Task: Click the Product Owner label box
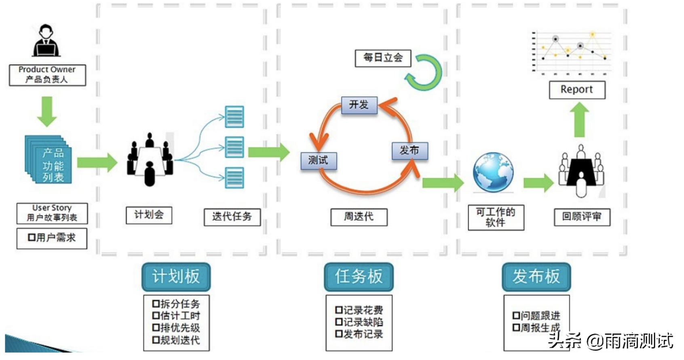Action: click(x=47, y=75)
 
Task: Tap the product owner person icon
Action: click(x=46, y=40)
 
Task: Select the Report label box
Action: click(x=577, y=90)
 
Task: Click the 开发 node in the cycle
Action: click(x=359, y=105)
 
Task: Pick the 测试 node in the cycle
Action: click(x=318, y=161)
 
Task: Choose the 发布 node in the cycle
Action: click(x=410, y=151)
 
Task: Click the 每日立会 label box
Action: click(x=383, y=58)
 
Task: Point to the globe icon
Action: click(x=493, y=172)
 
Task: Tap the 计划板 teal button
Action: click(x=176, y=277)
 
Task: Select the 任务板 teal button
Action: click(x=359, y=277)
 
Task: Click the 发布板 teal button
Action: click(x=536, y=277)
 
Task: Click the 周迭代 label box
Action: click(x=359, y=217)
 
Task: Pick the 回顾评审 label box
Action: click(x=582, y=217)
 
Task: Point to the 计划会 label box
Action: click(x=149, y=215)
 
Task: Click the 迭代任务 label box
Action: click(x=232, y=217)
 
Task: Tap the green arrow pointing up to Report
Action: click(x=580, y=120)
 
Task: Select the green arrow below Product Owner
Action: click(x=47, y=111)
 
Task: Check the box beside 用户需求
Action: click(x=32, y=238)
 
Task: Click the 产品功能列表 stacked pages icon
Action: click(x=49, y=160)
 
